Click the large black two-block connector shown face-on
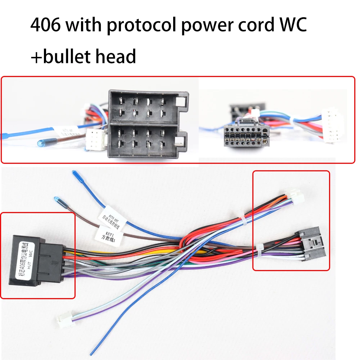[148, 123]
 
